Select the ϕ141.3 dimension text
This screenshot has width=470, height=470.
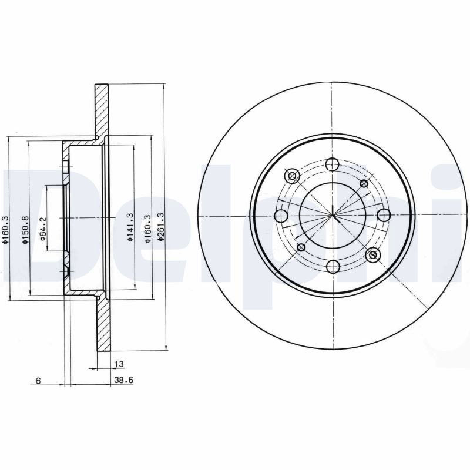[130, 227]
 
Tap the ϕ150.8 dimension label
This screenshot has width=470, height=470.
[25, 230]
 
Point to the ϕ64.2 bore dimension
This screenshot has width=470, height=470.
[42, 229]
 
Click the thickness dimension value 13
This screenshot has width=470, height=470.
[119, 364]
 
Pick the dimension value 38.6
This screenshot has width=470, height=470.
[123, 380]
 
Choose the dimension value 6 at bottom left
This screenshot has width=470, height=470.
[38, 381]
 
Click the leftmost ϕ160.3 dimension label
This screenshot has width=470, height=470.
[5, 230]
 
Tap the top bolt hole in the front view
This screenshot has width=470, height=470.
[332, 164]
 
